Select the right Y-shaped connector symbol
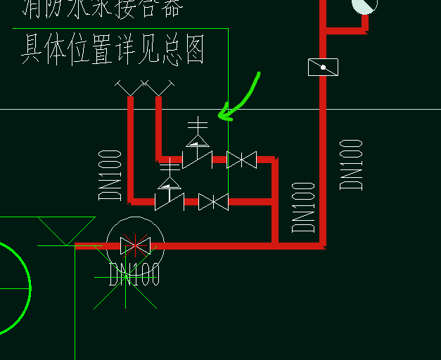158,89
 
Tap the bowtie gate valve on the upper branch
241,160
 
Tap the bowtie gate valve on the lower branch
213,202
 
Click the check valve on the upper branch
196,156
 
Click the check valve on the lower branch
169,198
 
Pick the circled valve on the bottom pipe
135,246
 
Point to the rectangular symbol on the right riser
323,67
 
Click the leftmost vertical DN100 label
110,174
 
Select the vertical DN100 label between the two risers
303,207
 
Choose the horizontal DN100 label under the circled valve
134,274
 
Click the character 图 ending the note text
192,51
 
